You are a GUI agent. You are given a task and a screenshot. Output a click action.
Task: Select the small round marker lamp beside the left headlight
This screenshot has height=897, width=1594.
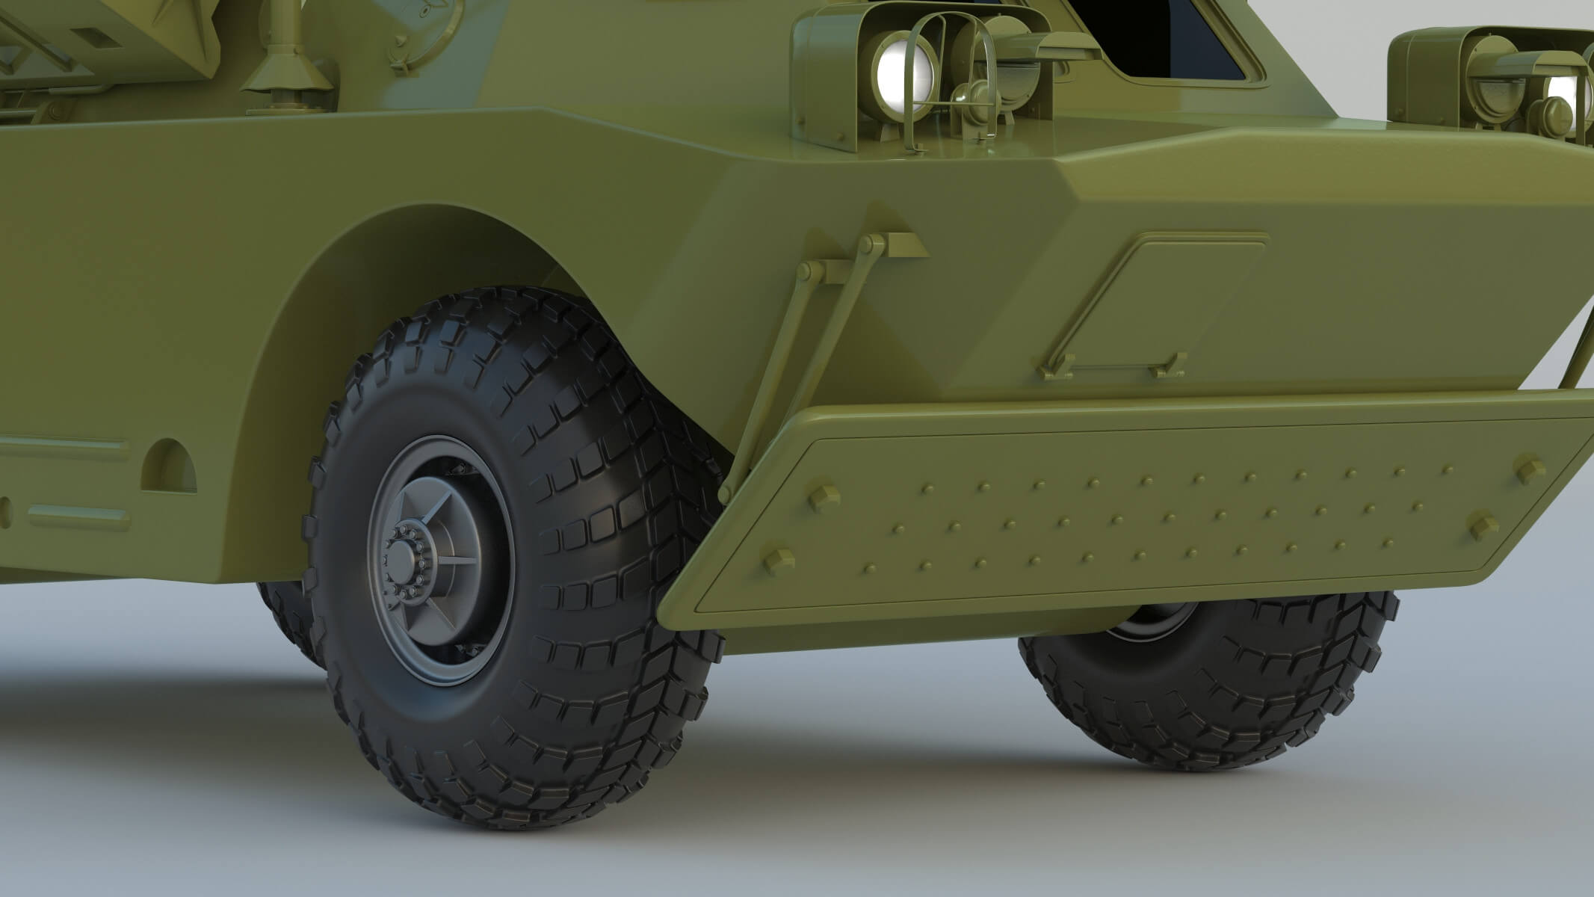[963, 96]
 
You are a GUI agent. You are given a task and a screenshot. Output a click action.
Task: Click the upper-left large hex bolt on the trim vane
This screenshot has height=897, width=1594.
[822, 495]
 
